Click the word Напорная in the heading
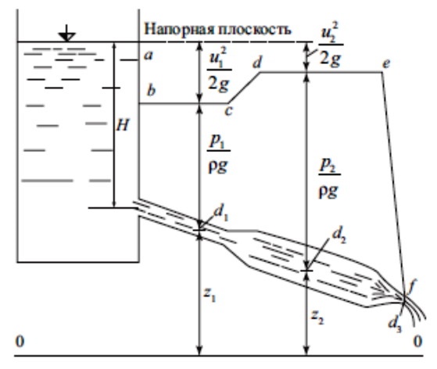coord(180,29)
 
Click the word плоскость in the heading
coord(255,29)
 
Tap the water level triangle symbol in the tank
coord(66,37)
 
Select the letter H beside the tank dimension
coord(123,126)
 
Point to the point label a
coord(149,56)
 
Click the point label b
coord(151,91)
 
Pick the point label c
coord(228,111)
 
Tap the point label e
coord(386,64)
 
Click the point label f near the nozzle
coord(410,288)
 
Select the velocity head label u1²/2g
coord(220,70)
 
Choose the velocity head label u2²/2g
coord(331,45)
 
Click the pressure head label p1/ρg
coord(218,155)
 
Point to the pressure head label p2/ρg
coord(329,179)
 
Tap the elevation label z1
coord(210,295)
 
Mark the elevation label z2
coord(317,317)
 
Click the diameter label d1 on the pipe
coord(221,213)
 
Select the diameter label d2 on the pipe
coord(339,236)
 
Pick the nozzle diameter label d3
coord(396,324)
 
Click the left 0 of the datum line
coord(20,342)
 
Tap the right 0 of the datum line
coord(417,341)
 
